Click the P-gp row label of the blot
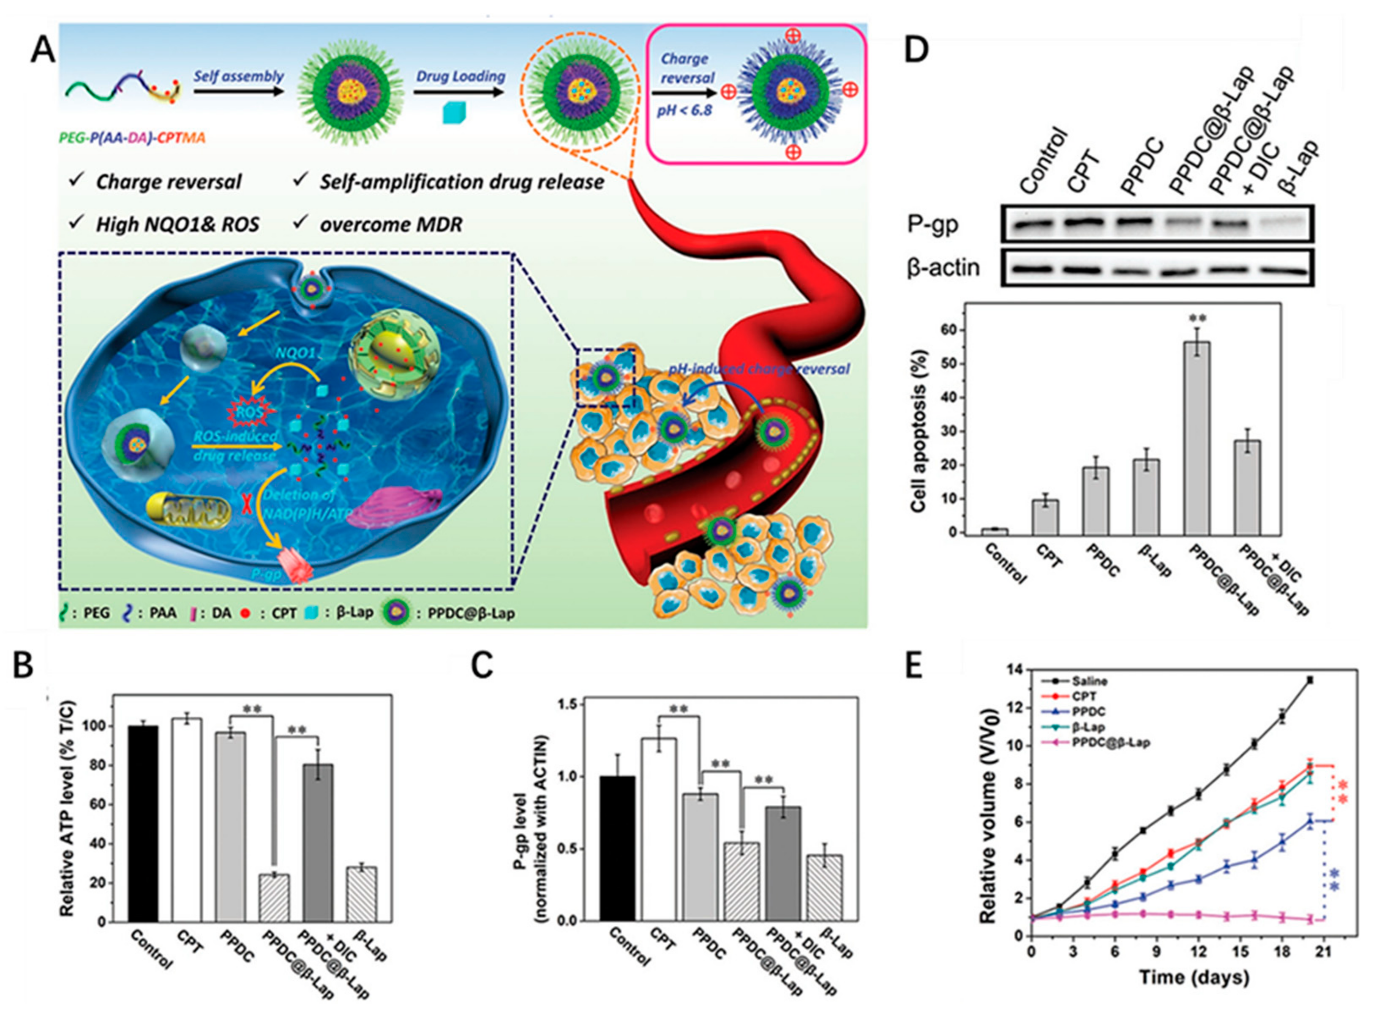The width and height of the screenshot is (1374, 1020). coord(933,225)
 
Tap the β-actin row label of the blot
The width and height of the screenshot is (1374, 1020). coord(943,269)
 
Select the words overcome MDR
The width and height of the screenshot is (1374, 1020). coord(390,224)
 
